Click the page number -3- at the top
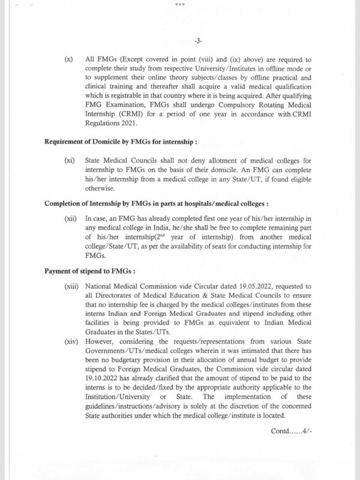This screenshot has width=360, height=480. pos(180,41)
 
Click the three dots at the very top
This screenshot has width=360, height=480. pos(180,4)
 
